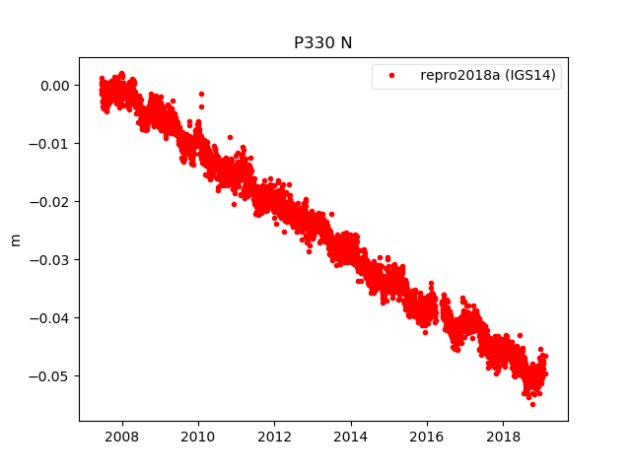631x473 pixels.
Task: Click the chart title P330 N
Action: point(323,43)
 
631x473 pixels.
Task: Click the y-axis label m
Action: point(15,239)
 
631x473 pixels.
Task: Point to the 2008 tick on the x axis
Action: point(121,436)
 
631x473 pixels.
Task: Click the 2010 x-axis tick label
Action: point(197,436)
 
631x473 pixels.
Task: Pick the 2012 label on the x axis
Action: point(274,436)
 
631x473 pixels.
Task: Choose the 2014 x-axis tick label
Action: point(350,436)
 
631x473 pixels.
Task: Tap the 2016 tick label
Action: point(427,436)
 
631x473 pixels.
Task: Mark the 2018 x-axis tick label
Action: point(504,436)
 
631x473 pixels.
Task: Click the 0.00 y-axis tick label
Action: point(53,86)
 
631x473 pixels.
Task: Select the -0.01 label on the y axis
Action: point(50,144)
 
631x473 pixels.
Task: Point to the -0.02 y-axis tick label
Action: point(50,202)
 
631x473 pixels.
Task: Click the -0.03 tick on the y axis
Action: point(50,260)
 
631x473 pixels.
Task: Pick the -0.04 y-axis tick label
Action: point(50,318)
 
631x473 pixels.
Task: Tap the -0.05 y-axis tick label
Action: point(50,376)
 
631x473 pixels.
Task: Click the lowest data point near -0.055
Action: point(532,404)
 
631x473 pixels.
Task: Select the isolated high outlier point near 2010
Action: point(201,94)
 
